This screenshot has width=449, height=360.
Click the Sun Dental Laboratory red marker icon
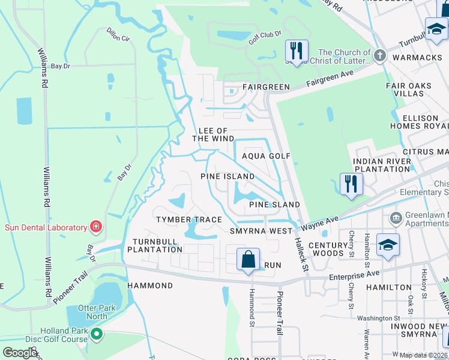95,226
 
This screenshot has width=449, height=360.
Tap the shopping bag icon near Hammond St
248,260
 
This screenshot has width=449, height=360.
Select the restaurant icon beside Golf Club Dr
297,52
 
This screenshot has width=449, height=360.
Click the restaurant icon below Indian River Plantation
351,184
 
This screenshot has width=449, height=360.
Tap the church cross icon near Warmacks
379,56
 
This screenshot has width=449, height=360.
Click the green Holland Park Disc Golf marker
96,334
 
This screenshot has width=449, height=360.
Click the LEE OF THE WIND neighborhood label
212,134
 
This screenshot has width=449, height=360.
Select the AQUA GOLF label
266,156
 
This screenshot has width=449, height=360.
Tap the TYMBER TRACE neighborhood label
189,220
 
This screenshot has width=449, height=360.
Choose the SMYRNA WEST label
261,231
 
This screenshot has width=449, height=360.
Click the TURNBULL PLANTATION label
154,245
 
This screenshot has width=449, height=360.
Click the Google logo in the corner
20,353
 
